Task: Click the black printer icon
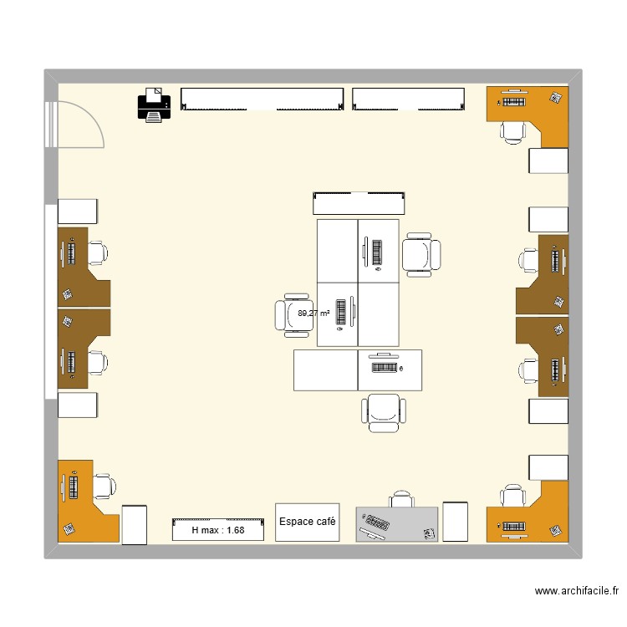(153, 104)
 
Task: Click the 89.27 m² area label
(313, 313)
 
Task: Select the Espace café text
(308, 522)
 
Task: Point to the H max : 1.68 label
(218, 530)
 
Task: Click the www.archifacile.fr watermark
(576, 591)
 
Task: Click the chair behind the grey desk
(402, 499)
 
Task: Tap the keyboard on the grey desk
(376, 525)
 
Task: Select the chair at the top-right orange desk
(512, 130)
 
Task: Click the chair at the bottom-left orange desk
(104, 486)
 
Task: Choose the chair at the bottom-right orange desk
(512, 497)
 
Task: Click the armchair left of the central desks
(292, 314)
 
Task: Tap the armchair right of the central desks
(421, 254)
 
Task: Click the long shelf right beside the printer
(262, 99)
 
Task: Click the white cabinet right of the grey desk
(455, 521)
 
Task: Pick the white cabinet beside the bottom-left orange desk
(135, 524)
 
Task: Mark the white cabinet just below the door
(79, 212)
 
